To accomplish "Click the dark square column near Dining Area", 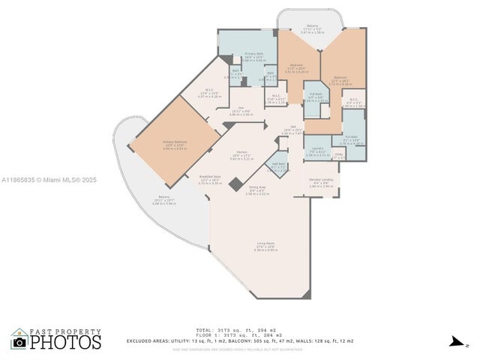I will (x=236, y=184).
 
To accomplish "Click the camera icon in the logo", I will (x=19, y=342).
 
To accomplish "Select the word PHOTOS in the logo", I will (x=66, y=342).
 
